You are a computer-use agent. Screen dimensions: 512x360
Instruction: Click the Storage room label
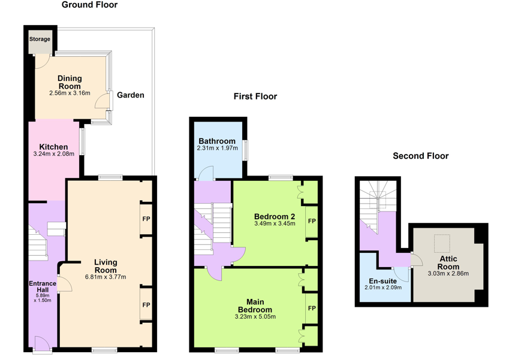pyautogui.click(x=40, y=39)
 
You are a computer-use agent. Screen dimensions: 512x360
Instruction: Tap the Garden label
pyautogui.click(x=130, y=95)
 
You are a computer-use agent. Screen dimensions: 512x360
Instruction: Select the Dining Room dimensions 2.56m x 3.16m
pyautogui.click(x=70, y=93)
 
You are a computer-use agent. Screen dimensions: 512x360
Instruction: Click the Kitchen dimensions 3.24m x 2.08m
pyautogui.click(x=53, y=154)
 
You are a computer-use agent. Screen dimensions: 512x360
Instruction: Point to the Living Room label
pyautogui.click(x=106, y=266)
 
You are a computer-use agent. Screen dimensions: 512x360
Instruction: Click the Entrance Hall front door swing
pyautogui.click(x=42, y=342)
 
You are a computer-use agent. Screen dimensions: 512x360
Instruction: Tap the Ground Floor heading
pyautogui.click(x=89, y=5)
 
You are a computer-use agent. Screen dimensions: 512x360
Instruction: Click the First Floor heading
pyautogui.click(x=255, y=96)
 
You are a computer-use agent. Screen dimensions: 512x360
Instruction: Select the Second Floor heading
pyautogui.click(x=421, y=156)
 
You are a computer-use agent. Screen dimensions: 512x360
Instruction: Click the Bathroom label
pyautogui.click(x=217, y=141)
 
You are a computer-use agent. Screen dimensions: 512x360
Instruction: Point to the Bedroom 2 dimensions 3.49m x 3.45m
pyautogui.click(x=275, y=223)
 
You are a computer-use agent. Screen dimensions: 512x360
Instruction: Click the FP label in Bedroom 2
pyautogui.click(x=312, y=221)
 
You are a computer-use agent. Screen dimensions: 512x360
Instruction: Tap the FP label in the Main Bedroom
pyautogui.click(x=312, y=308)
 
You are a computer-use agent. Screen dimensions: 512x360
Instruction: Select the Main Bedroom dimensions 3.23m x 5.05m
pyautogui.click(x=255, y=317)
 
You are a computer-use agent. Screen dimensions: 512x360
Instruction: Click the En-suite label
pyautogui.click(x=383, y=281)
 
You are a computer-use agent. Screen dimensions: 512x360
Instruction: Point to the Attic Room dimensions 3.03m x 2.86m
pyautogui.click(x=448, y=274)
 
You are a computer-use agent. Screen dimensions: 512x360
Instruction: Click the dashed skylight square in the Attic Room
pyautogui.click(x=442, y=243)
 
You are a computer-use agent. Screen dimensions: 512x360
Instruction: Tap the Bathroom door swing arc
pyautogui.click(x=206, y=173)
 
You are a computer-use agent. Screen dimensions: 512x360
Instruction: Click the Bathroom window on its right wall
pyautogui.click(x=245, y=150)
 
